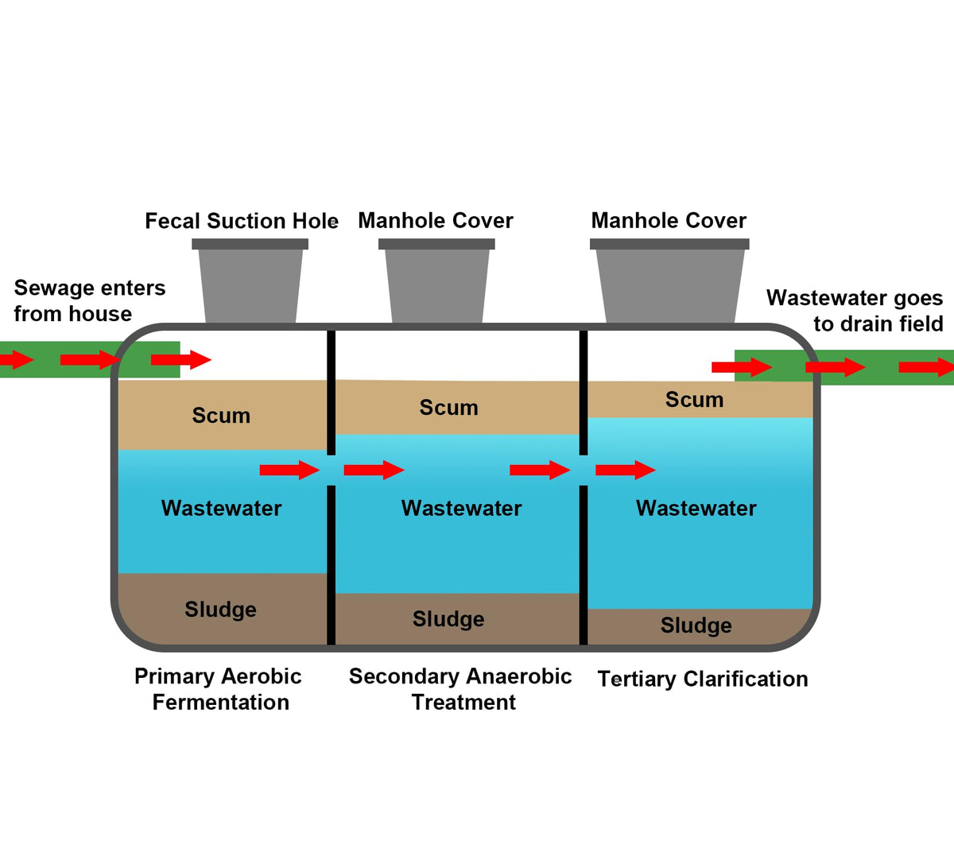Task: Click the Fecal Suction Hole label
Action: tap(242, 221)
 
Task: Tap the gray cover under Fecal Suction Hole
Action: tap(250, 281)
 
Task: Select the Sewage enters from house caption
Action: tap(90, 301)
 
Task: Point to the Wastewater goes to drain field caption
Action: tap(855, 311)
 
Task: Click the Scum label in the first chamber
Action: tap(221, 416)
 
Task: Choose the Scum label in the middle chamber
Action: tap(448, 407)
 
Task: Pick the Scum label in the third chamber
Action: tap(695, 399)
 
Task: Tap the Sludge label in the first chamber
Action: tap(220, 610)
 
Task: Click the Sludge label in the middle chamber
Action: tap(448, 619)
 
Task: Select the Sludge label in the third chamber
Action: tap(696, 625)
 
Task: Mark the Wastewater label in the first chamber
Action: tap(221, 508)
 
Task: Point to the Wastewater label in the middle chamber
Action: tap(461, 508)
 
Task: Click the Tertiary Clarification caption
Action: tap(703, 679)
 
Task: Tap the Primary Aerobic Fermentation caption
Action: tap(219, 689)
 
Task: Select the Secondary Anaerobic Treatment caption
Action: tap(460, 689)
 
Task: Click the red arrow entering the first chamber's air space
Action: tap(181, 360)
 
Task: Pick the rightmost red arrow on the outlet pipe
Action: tap(926, 367)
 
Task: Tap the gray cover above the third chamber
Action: tap(669, 281)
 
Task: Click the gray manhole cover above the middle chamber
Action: tap(436, 281)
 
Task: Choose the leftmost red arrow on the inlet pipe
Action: tap(17, 360)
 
